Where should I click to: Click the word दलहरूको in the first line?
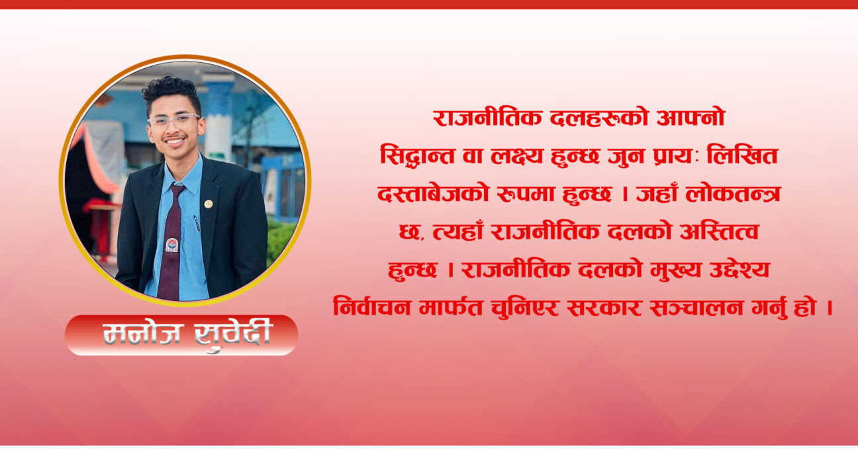[x=598, y=118]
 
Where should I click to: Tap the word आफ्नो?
[x=691, y=118]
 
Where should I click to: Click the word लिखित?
[x=742, y=155]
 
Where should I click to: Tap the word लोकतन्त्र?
[x=733, y=194]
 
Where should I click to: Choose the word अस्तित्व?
[x=719, y=232]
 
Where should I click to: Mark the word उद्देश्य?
[x=739, y=270]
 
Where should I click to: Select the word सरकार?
[x=604, y=308]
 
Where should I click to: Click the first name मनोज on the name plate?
[x=141, y=333]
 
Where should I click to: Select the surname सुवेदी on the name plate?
[x=232, y=335]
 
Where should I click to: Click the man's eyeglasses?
[x=173, y=121]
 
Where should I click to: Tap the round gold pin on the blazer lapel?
[x=208, y=204]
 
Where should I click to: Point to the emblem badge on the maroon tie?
[x=171, y=245]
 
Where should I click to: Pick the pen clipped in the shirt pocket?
[x=197, y=223]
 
